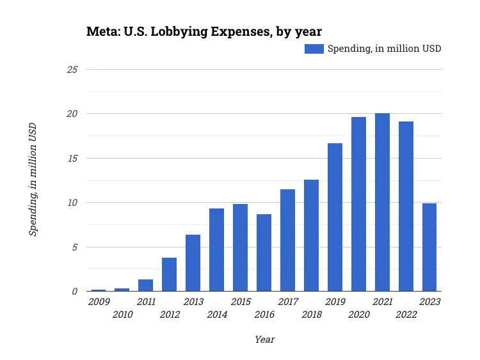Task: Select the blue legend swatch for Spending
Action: [314, 49]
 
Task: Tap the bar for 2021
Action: [382, 202]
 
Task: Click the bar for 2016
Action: [264, 253]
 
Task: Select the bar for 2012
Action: [169, 274]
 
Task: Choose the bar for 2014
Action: [216, 249]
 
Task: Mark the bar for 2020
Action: [358, 204]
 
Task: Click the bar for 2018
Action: [311, 235]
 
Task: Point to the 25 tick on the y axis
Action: [72, 69]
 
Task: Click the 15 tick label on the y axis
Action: [72, 158]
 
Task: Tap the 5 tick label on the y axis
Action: [74, 247]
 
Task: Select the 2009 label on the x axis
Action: [99, 302]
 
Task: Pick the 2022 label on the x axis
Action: [406, 315]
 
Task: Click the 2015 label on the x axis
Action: [241, 302]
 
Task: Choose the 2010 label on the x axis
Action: [122, 315]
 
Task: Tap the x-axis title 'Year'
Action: [264, 340]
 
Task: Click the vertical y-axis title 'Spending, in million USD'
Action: [33, 180]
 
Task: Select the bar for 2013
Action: [193, 263]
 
